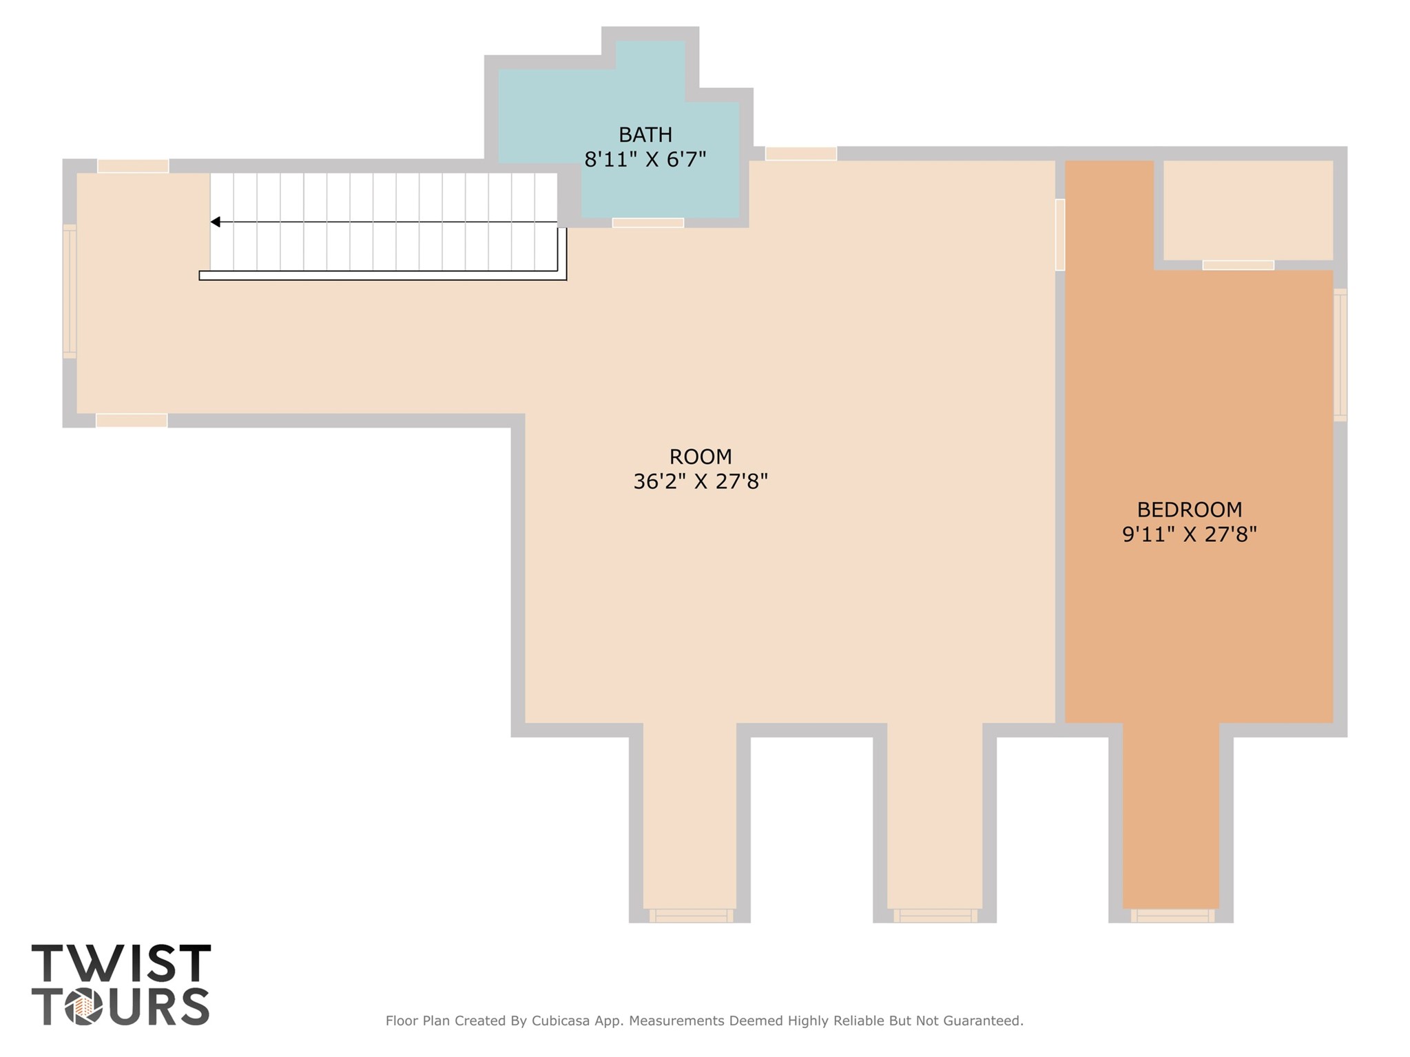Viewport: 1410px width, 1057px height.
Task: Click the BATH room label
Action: tap(645, 134)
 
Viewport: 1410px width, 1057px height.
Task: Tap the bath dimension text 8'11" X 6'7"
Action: tap(645, 160)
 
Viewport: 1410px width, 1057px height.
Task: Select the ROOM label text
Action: tap(700, 457)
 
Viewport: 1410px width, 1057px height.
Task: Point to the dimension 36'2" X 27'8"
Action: tap(700, 481)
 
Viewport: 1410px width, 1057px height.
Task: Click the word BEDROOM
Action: tap(1189, 510)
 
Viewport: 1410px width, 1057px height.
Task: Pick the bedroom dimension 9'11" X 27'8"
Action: tap(1189, 534)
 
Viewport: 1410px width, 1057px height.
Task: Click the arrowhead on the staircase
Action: tap(216, 222)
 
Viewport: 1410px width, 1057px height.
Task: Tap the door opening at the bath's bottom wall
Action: tap(647, 222)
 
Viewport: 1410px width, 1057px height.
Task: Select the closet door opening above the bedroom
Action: tap(1238, 265)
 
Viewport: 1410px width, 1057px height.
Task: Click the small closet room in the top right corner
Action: tap(1247, 210)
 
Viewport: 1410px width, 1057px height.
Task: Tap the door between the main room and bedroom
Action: tap(1059, 235)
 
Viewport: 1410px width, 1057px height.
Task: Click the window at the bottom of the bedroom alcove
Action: tap(1172, 916)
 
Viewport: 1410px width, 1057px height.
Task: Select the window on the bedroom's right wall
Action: tap(1340, 355)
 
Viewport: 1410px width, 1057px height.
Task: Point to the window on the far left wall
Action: tap(70, 291)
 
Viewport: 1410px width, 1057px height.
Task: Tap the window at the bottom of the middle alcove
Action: tap(935, 916)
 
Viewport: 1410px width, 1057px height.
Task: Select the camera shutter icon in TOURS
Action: tap(84, 1007)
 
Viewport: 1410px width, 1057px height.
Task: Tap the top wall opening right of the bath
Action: tap(800, 154)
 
